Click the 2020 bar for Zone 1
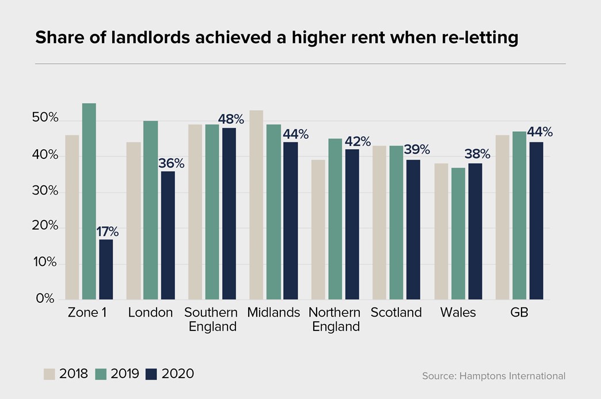click(x=106, y=269)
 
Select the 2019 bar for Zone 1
click(x=89, y=201)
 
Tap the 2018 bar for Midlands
click(x=256, y=204)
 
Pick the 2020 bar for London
click(x=168, y=235)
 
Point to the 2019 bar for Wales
click(x=458, y=233)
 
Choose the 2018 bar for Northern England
click(x=318, y=230)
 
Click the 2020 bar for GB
click(x=537, y=221)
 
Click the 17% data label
click(x=107, y=231)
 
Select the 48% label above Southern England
click(x=231, y=119)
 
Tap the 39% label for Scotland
click(x=417, y=149)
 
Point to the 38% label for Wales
click(x=477, y=154)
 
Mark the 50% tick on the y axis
click(x=45, y=117)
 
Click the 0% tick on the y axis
click(x=45, y=299)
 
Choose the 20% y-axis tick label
click(x=45, y=225)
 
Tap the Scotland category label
click(x=396, y=313)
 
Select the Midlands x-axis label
click(x=273, y=313)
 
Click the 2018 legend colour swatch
click(x=50, y=374)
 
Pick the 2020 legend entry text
click(x=178, y=374)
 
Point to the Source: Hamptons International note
click(x=494, y=376)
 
